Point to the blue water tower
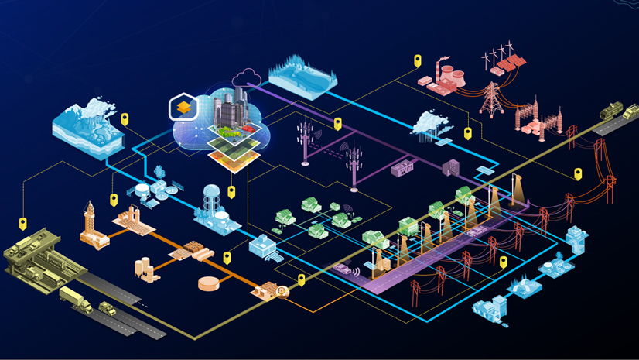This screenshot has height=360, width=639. click(213, 200)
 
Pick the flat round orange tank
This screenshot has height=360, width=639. click(210, 283)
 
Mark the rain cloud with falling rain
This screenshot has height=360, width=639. click(428, 124)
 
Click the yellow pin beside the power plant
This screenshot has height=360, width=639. click(418, 60)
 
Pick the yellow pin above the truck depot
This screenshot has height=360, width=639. click(23, 224)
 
